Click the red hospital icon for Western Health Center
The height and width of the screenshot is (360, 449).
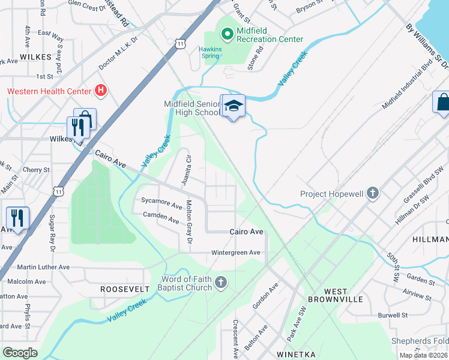pyautogui.click(x=101, y=91)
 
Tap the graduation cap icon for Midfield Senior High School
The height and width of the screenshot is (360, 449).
pyautogui.click(x=234, y=106)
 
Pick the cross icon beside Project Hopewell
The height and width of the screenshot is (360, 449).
pyautogui.click(x=373, y=193)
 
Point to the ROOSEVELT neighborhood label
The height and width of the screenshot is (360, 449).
pyautogui.click(x=125, y=289)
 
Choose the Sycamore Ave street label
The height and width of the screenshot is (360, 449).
pyautogui.click(x=161, y=206)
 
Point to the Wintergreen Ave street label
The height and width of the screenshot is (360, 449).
pyautogui.click(x=236, y=253)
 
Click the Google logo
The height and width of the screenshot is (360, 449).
pyautogui.click(x=20, y=353)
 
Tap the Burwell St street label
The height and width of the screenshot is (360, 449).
pyautogui.click(x=393, y=315)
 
